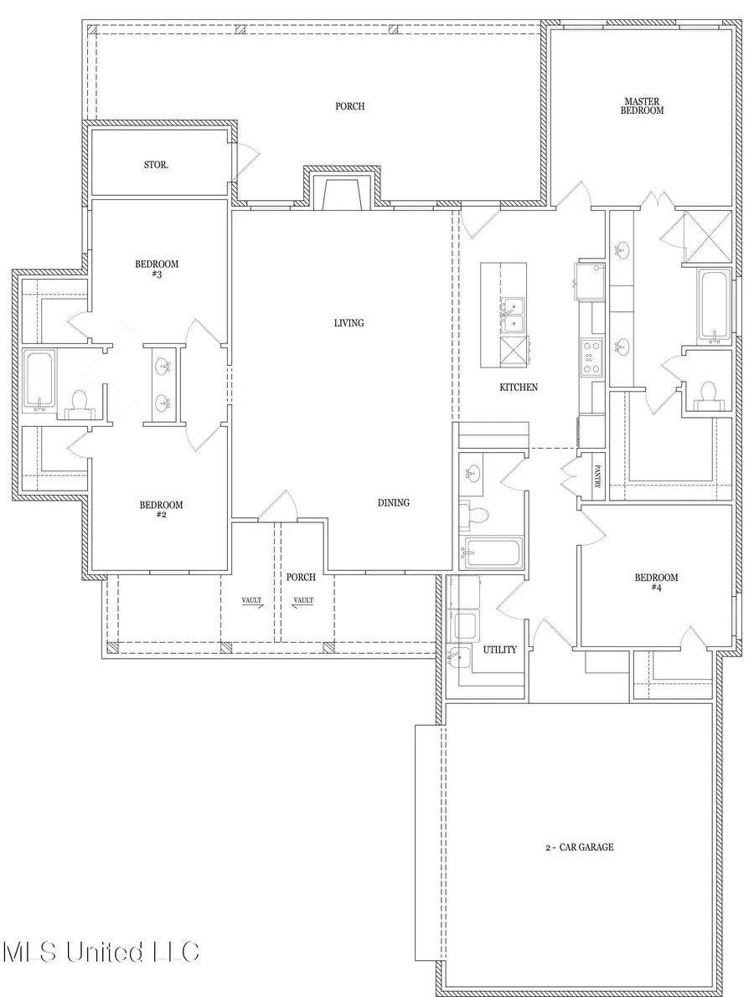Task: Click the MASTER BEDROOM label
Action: pyautogui.click(x=643, y=105)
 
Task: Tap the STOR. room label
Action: pyautogui.click(x=156, y=165)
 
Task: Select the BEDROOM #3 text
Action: pyautogui.click(x=158, y=269)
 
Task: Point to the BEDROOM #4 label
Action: pyautogui.click(x=656, y=583)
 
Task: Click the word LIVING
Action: pyautogui.click(x=349, y=322)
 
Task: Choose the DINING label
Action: pyautogui.click(x=393, y=502)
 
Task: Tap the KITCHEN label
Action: pyautogui.click(x=519, y=387)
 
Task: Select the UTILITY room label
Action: pyautogui.click(x=499, y=650)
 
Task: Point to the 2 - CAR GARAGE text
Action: pyautogui.click(x=577, y=847)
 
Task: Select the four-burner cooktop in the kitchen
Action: pyautogui.click(x=591, y=357)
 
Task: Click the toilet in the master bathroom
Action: pyautogui.click(x=709, y=393)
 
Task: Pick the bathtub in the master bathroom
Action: pyautogui.click(x=714, y=307)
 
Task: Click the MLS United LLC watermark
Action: pyautogui.click(x=101, y=952)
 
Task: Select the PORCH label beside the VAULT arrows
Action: pyautogui.click(x=300, y=577)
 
